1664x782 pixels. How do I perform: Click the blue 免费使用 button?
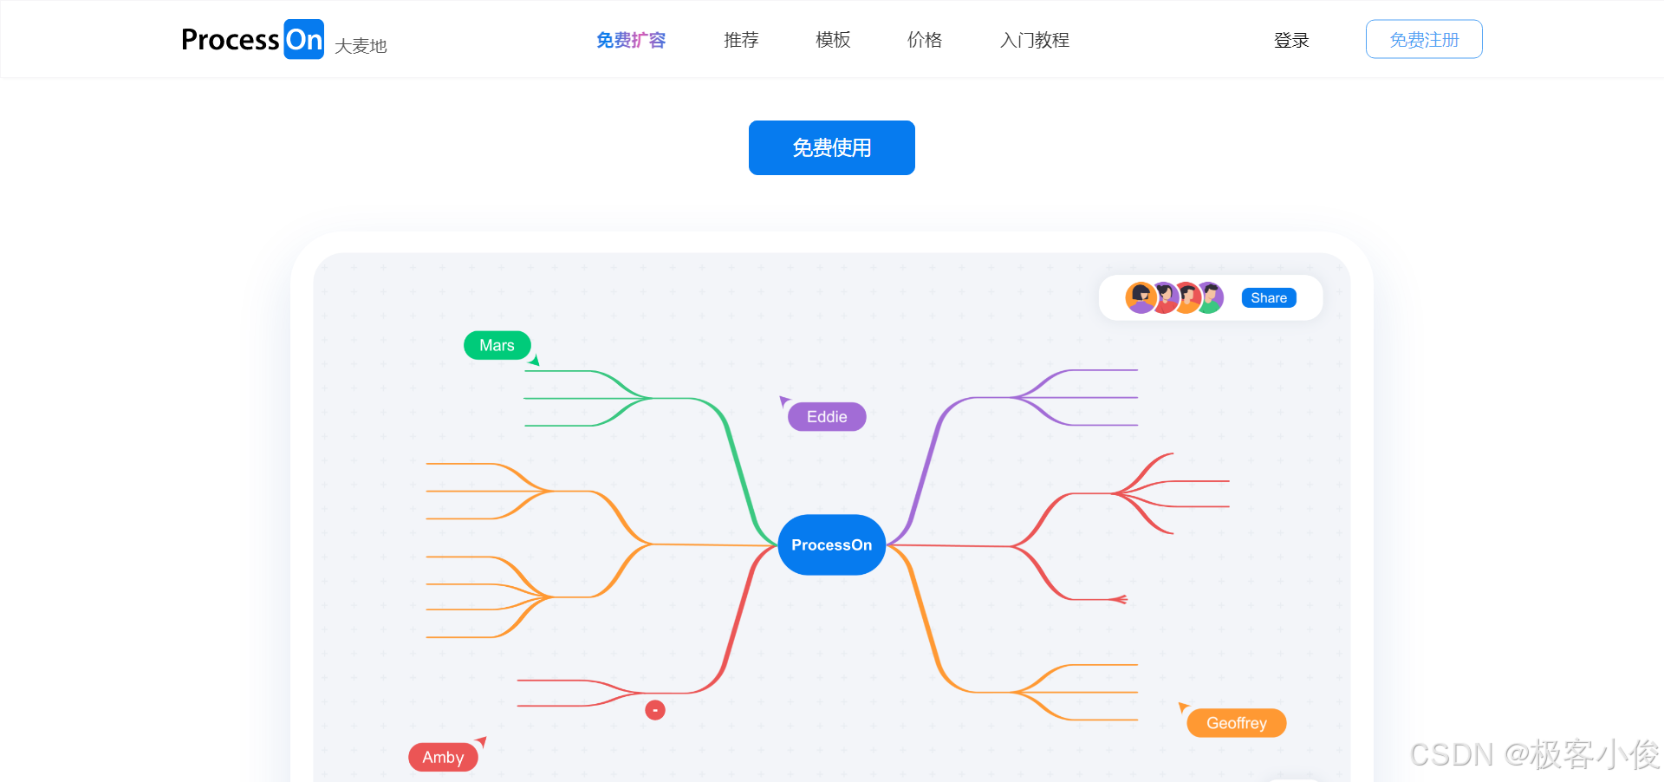tap(831, 147)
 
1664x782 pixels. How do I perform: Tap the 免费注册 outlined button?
tap(1424, 40)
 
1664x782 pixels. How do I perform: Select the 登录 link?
tap(1291, 40)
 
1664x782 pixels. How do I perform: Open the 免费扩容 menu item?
tap(631, 40)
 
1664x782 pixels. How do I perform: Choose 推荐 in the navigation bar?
tap(741, 40)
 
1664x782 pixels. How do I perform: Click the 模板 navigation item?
tap(833, 40)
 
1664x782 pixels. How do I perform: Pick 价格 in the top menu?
tap(925, 40)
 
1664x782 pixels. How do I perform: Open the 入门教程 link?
tap(1035, 40)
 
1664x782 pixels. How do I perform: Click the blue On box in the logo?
tap(304, 40)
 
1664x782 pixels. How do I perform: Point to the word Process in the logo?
tap(230, 40)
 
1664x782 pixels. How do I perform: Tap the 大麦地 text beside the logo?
tap(361, 46)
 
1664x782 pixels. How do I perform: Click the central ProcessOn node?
tap(831, 544)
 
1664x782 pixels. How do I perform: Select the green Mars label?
tap(497, 345)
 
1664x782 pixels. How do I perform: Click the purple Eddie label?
tap(827, 417)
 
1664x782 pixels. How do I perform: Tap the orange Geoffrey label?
tap(1236, 723)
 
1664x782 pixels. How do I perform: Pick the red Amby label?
tap(443, 757)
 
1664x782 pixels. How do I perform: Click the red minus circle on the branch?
tap(655, 710)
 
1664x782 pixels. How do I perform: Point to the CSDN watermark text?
tap(1534, 754)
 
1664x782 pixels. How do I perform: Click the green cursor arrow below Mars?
tap(535, 360)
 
